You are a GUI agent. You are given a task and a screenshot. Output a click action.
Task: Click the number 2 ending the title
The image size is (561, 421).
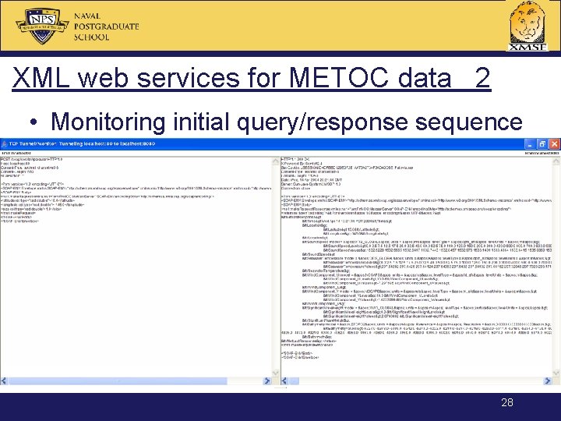click(x=482, y=79)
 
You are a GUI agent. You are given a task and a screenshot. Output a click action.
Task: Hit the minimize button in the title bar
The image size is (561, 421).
click(x=531, y=146)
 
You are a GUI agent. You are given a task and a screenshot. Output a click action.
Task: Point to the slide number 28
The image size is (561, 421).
click(x=507, y=402)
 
